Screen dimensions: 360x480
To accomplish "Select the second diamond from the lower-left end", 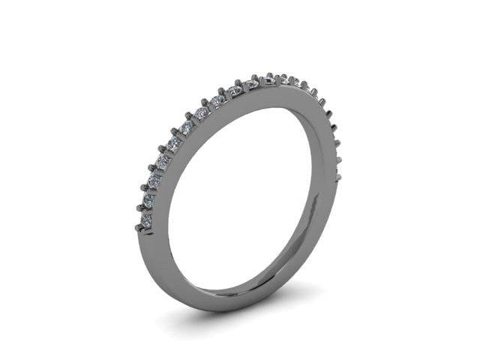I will (x=149, y=200).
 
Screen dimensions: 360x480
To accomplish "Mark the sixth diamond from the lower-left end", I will (x=187, y=127).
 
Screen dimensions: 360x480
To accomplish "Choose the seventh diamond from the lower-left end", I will (x=202, y=112).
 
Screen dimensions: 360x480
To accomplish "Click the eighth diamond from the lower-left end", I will (x=218, y=100).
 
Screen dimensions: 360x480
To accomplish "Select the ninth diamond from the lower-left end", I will (x=235, y=91).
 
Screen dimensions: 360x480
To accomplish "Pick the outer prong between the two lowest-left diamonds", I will (x=139, y=208).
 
